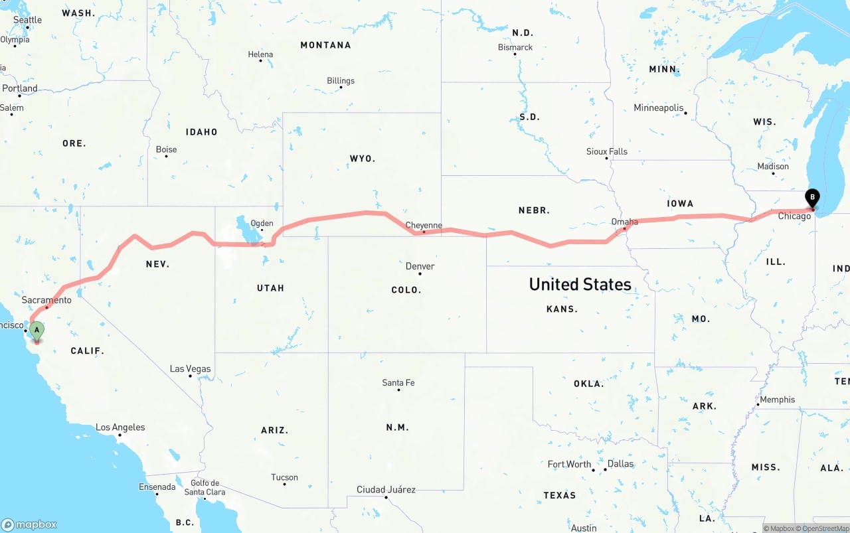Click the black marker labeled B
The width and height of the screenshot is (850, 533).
[811, 198]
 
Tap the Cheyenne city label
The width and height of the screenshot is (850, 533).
[424, 226]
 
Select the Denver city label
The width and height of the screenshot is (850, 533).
[420, 266]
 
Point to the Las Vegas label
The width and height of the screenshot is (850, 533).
[191, 368]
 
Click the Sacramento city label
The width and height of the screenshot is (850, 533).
[46, 300]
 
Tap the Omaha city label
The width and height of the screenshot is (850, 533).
[625, 222]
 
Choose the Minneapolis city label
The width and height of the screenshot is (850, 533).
[659, 108]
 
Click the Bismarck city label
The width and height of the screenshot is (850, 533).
[515, 47]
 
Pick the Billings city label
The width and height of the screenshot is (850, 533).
[341, 81]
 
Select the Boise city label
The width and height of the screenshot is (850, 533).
[166, 149]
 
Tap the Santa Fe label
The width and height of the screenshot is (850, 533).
[398, 382]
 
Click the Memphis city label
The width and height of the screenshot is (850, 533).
[777, 400]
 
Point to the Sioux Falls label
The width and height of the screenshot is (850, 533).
[607, 151]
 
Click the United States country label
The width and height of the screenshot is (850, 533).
[580, 284]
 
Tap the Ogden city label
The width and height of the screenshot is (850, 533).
[262, 223]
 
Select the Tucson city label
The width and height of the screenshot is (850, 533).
[285, 477]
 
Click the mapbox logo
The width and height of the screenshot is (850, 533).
[29, 524]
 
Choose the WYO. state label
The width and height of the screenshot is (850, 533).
[363, 159]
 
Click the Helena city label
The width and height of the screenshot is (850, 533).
[260, 54]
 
